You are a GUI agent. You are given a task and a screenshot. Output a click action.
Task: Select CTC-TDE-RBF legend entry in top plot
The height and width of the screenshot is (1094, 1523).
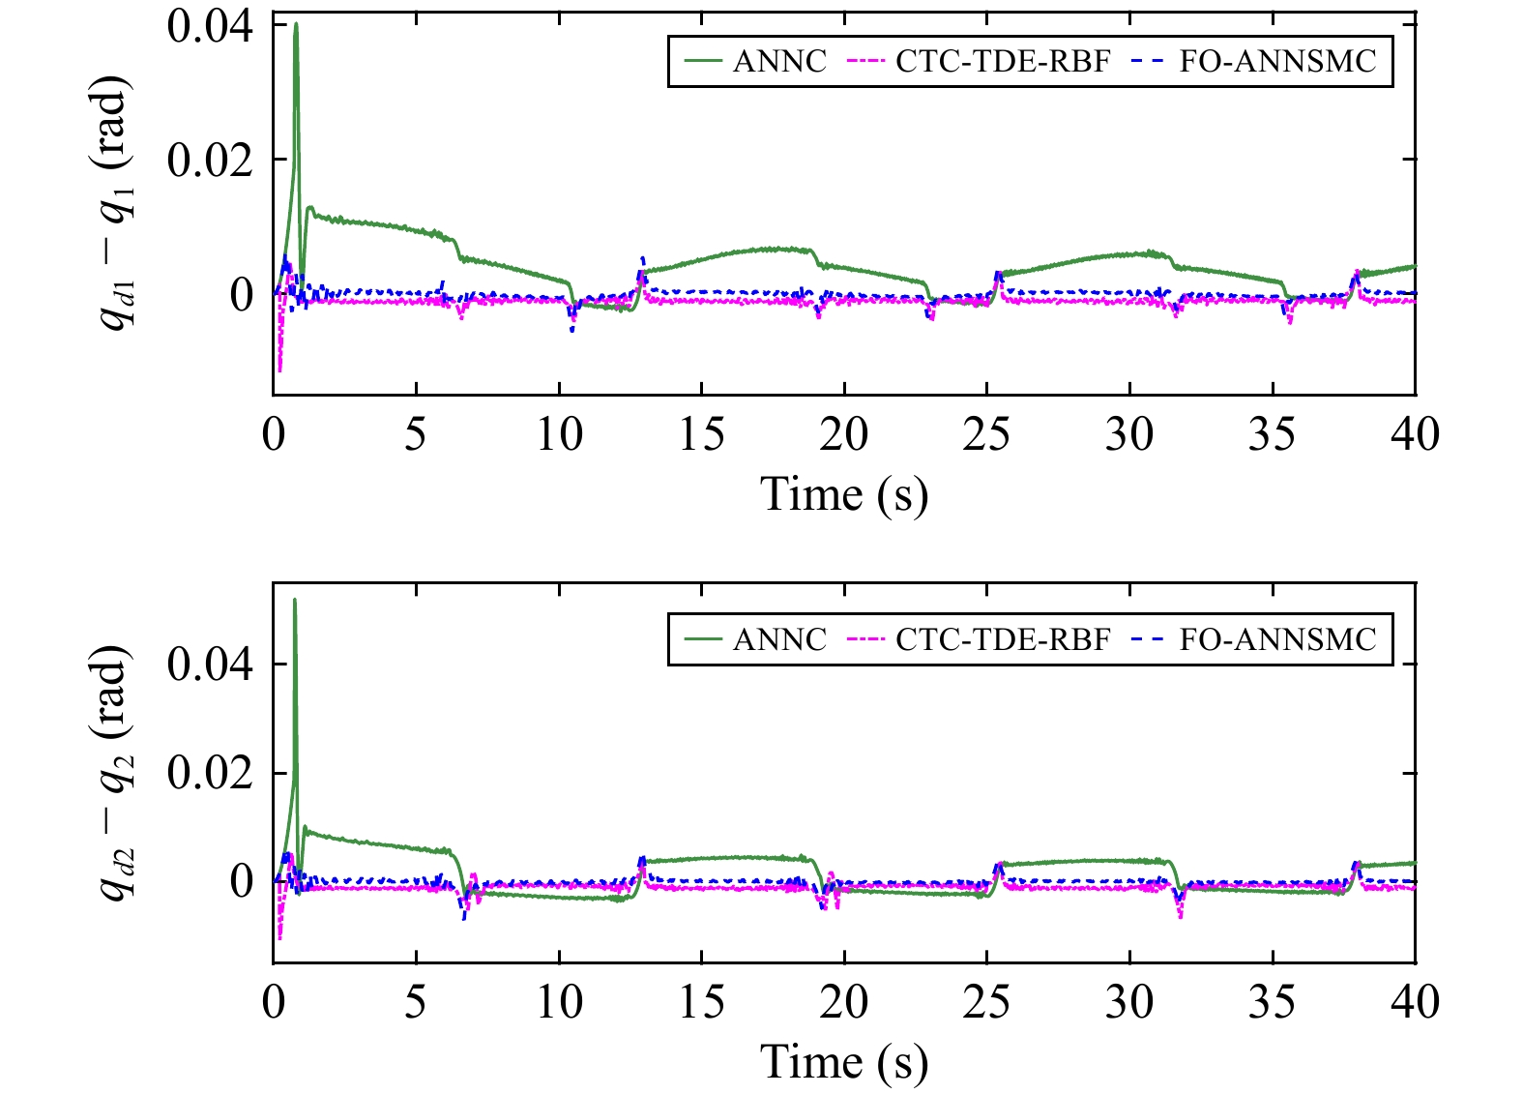(979, 61)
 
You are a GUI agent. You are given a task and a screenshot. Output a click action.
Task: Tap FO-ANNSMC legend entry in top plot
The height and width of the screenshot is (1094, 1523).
(1252, 61)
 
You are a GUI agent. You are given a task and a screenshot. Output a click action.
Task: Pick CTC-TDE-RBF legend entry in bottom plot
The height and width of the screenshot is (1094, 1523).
(979, 639)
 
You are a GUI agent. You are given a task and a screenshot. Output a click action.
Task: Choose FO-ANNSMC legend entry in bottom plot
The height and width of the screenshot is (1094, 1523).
(1252, 639)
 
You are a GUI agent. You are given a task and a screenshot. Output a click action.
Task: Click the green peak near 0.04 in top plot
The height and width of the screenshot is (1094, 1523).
(296, 25)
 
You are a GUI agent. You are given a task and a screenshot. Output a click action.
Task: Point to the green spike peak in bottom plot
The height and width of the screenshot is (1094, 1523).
(295, 601)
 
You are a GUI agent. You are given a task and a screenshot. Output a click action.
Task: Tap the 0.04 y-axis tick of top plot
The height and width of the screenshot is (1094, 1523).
(210, 26)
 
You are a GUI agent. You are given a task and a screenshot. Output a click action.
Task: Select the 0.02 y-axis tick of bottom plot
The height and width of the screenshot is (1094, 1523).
(210, 773)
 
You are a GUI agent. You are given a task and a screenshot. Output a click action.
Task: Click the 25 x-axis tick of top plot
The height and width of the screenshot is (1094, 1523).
(986, 434)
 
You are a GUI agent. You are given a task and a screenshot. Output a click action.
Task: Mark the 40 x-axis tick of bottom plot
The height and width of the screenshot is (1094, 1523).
(1414, 1002)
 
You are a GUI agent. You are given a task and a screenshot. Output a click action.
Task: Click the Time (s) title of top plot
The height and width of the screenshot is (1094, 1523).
(844, 494)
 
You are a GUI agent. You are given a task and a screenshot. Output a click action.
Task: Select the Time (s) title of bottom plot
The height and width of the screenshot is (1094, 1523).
(844, 1062)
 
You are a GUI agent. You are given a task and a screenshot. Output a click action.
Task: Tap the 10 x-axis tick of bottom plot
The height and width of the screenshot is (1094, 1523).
(559, 1002)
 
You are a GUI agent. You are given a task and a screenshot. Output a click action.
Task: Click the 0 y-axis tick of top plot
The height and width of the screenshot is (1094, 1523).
(241, 294)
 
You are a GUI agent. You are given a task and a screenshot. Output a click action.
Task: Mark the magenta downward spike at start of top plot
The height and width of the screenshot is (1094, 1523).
(280, 369)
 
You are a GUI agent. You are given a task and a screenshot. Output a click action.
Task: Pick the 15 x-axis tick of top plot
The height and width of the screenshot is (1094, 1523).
(701, 434)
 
